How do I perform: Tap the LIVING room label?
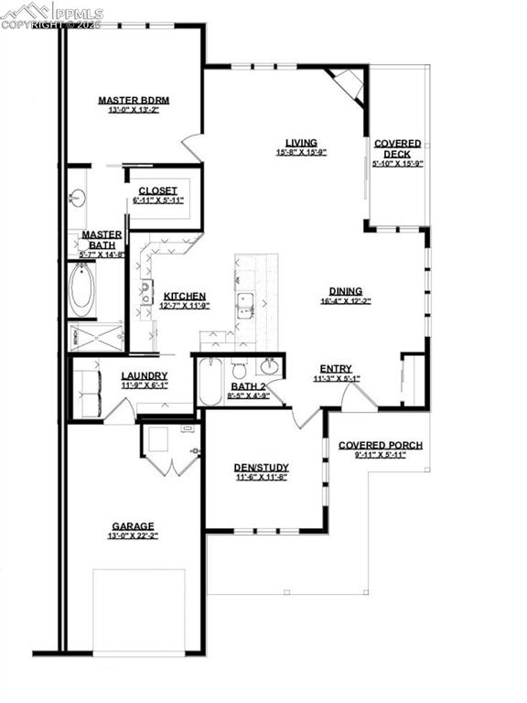[301, 143]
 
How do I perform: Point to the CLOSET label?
[157, 190]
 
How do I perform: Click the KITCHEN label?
[185, 296]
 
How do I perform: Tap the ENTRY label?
[336, 367]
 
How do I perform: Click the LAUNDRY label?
[145, 375]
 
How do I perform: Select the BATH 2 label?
[247, 386]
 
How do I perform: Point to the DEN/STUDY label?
[261, 467]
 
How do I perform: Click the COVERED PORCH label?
[380, 446]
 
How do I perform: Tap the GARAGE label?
[133, 526]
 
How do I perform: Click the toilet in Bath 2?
[240, 370]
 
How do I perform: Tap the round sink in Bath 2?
[269, 367]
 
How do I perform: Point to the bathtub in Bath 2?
[209, 381]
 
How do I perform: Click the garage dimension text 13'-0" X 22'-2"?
[133, 536]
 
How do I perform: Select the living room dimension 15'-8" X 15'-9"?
[301, 153]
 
